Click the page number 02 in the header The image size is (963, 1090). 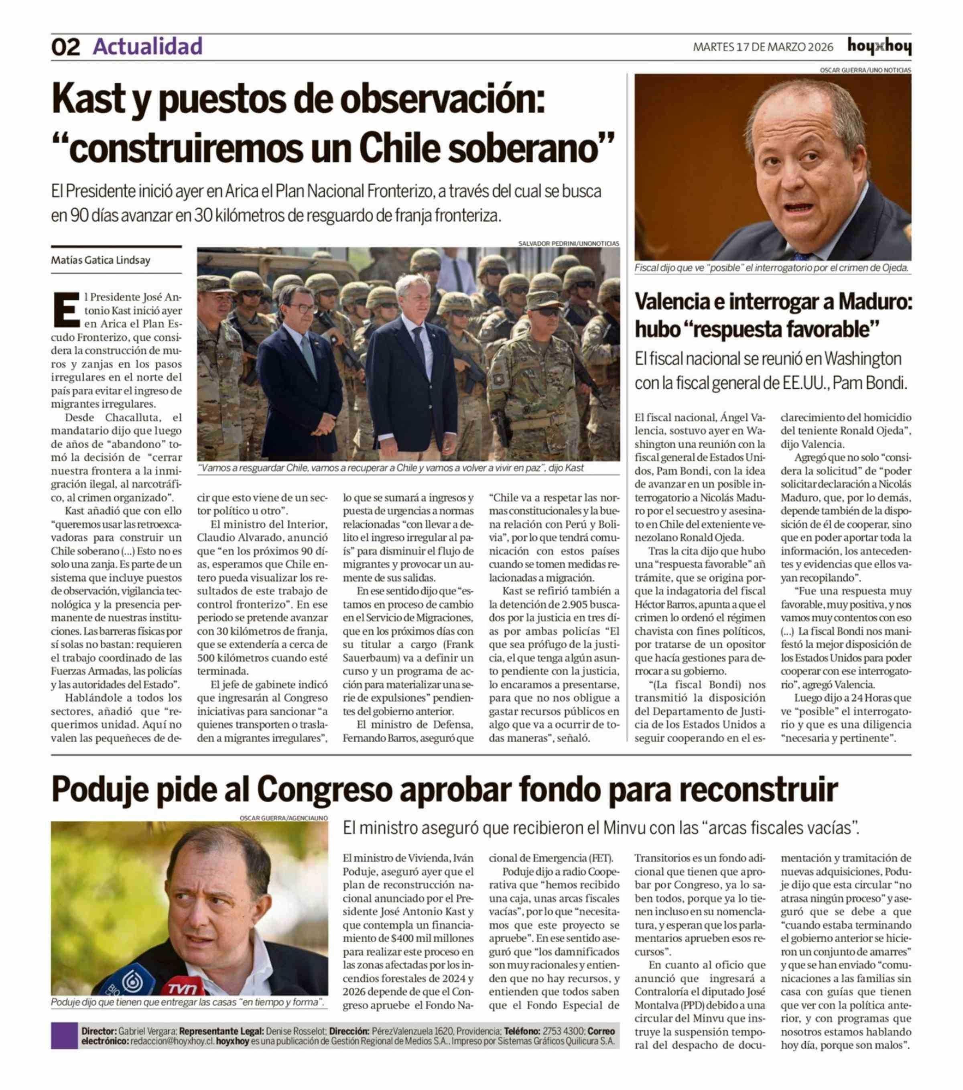65,47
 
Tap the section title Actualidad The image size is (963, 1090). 148,47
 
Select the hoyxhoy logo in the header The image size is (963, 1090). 879,47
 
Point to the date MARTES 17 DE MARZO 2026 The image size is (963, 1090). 762,47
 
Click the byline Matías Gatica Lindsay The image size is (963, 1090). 100,260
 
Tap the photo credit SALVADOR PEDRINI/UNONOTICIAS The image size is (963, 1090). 569,243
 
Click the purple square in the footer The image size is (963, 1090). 64,1035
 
